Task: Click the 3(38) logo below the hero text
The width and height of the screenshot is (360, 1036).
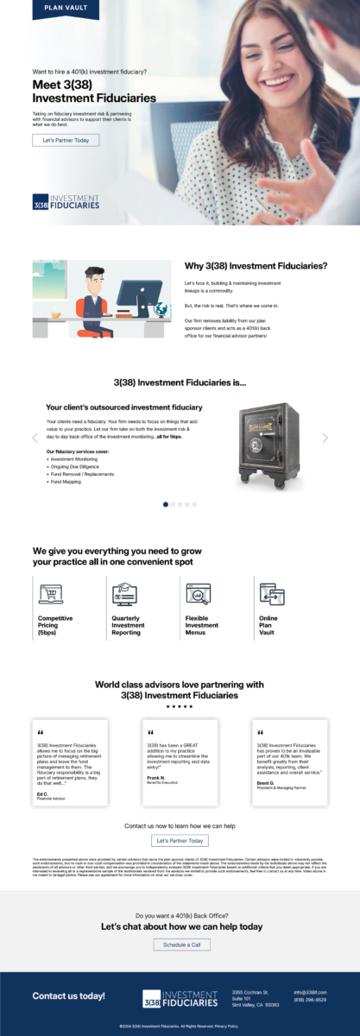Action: click(66, 202)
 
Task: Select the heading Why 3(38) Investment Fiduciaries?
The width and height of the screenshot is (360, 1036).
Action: click(256, 266)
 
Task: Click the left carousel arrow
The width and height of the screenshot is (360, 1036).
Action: click(35, 438)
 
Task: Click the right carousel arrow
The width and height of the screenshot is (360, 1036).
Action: click(325, 438)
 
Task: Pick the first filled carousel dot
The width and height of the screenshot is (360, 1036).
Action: click(166, 504)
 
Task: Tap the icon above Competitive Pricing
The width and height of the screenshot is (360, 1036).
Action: click(51, 594)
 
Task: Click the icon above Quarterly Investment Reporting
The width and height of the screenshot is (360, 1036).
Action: click(124, 594)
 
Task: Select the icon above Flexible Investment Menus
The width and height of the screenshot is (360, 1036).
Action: click(198, 594)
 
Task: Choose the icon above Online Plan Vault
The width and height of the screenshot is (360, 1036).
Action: click(271, 594)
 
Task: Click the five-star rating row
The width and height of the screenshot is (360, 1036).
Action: click(180, 706)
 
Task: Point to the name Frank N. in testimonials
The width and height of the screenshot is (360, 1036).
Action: click(156, 777)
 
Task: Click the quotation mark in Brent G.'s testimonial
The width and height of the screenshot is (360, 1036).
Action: click(260, 732)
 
